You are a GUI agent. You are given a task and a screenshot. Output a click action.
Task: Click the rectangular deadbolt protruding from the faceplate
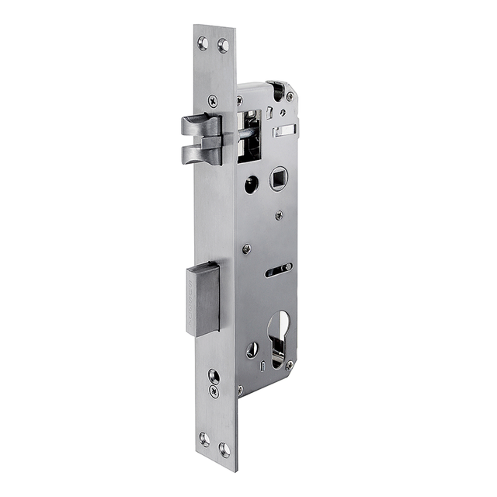[203, 299]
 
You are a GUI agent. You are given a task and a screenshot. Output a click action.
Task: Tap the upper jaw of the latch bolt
[200, 124]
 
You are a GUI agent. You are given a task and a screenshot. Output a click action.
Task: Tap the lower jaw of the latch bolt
[200, 155]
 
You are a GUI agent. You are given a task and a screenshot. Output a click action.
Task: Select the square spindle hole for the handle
[278, 179]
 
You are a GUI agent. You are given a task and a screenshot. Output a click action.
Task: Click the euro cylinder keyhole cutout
[279, 330]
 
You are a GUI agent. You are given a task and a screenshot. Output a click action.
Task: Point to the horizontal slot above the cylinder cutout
[278, 269]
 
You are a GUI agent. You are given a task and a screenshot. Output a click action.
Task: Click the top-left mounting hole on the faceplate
[203, 42]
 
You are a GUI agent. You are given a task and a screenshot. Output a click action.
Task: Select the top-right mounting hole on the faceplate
[224, 44]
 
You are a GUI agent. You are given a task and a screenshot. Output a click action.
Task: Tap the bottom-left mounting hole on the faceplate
[204, 439]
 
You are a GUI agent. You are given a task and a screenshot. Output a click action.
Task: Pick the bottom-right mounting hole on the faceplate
[224, 448]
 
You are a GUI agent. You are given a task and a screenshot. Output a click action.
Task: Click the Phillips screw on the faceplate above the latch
[213, 100]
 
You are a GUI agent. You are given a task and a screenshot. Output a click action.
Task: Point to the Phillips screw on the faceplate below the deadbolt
[214, 391]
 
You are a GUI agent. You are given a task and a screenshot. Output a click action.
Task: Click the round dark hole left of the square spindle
[251, 185]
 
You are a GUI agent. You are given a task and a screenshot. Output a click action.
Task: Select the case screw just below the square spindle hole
[279, 215]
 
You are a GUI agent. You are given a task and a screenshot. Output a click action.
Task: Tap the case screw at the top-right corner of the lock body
[289, 96]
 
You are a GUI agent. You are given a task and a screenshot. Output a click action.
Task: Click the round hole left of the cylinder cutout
[252, 349]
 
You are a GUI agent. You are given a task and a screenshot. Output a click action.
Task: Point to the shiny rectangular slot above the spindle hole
[284, 130]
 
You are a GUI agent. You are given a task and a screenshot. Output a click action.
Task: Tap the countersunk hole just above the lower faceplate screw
[214, 376]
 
